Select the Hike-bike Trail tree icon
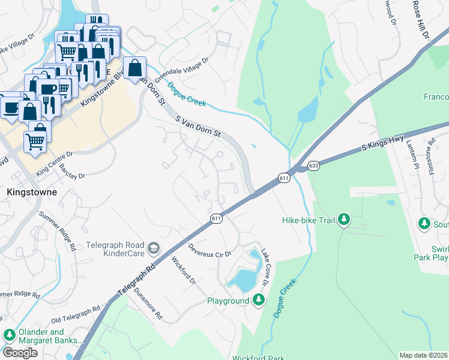344,220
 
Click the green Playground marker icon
259,299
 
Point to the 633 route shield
313,164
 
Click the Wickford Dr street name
184,271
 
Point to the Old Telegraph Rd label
75,314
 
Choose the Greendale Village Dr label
181,71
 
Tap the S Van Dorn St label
199,127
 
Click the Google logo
20,353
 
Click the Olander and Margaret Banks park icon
9,335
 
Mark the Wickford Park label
259,358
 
